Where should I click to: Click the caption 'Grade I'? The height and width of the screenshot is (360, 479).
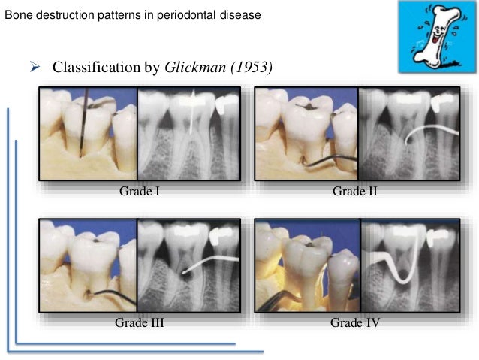point(140,192)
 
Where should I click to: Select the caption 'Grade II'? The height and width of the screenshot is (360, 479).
point(354,192)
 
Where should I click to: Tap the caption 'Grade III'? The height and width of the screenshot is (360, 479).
point(140,323)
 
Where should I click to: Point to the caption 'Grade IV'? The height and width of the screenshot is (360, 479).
point(354,323)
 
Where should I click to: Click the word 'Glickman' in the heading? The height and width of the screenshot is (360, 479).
point(193,68)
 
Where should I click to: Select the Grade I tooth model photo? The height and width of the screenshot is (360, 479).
point(88,134)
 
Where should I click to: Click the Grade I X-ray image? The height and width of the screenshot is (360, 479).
point(188,134)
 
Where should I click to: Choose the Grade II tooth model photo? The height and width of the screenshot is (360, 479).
point(306,134)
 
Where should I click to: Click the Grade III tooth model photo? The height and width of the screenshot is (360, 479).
point(88,265)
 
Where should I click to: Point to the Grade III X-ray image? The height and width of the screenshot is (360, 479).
point(188,265)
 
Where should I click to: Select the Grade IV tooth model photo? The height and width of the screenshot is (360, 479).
point(306,265)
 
